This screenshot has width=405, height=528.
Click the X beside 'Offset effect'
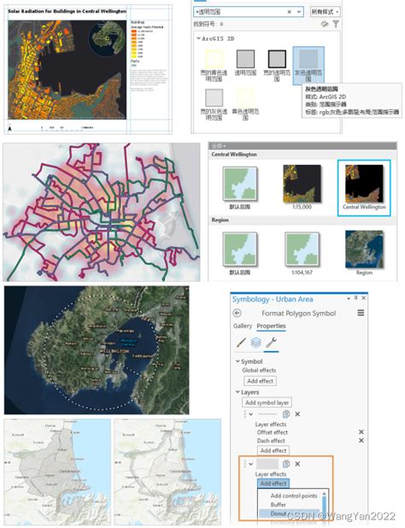(361, 432)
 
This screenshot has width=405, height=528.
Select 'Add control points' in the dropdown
(295, 496)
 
